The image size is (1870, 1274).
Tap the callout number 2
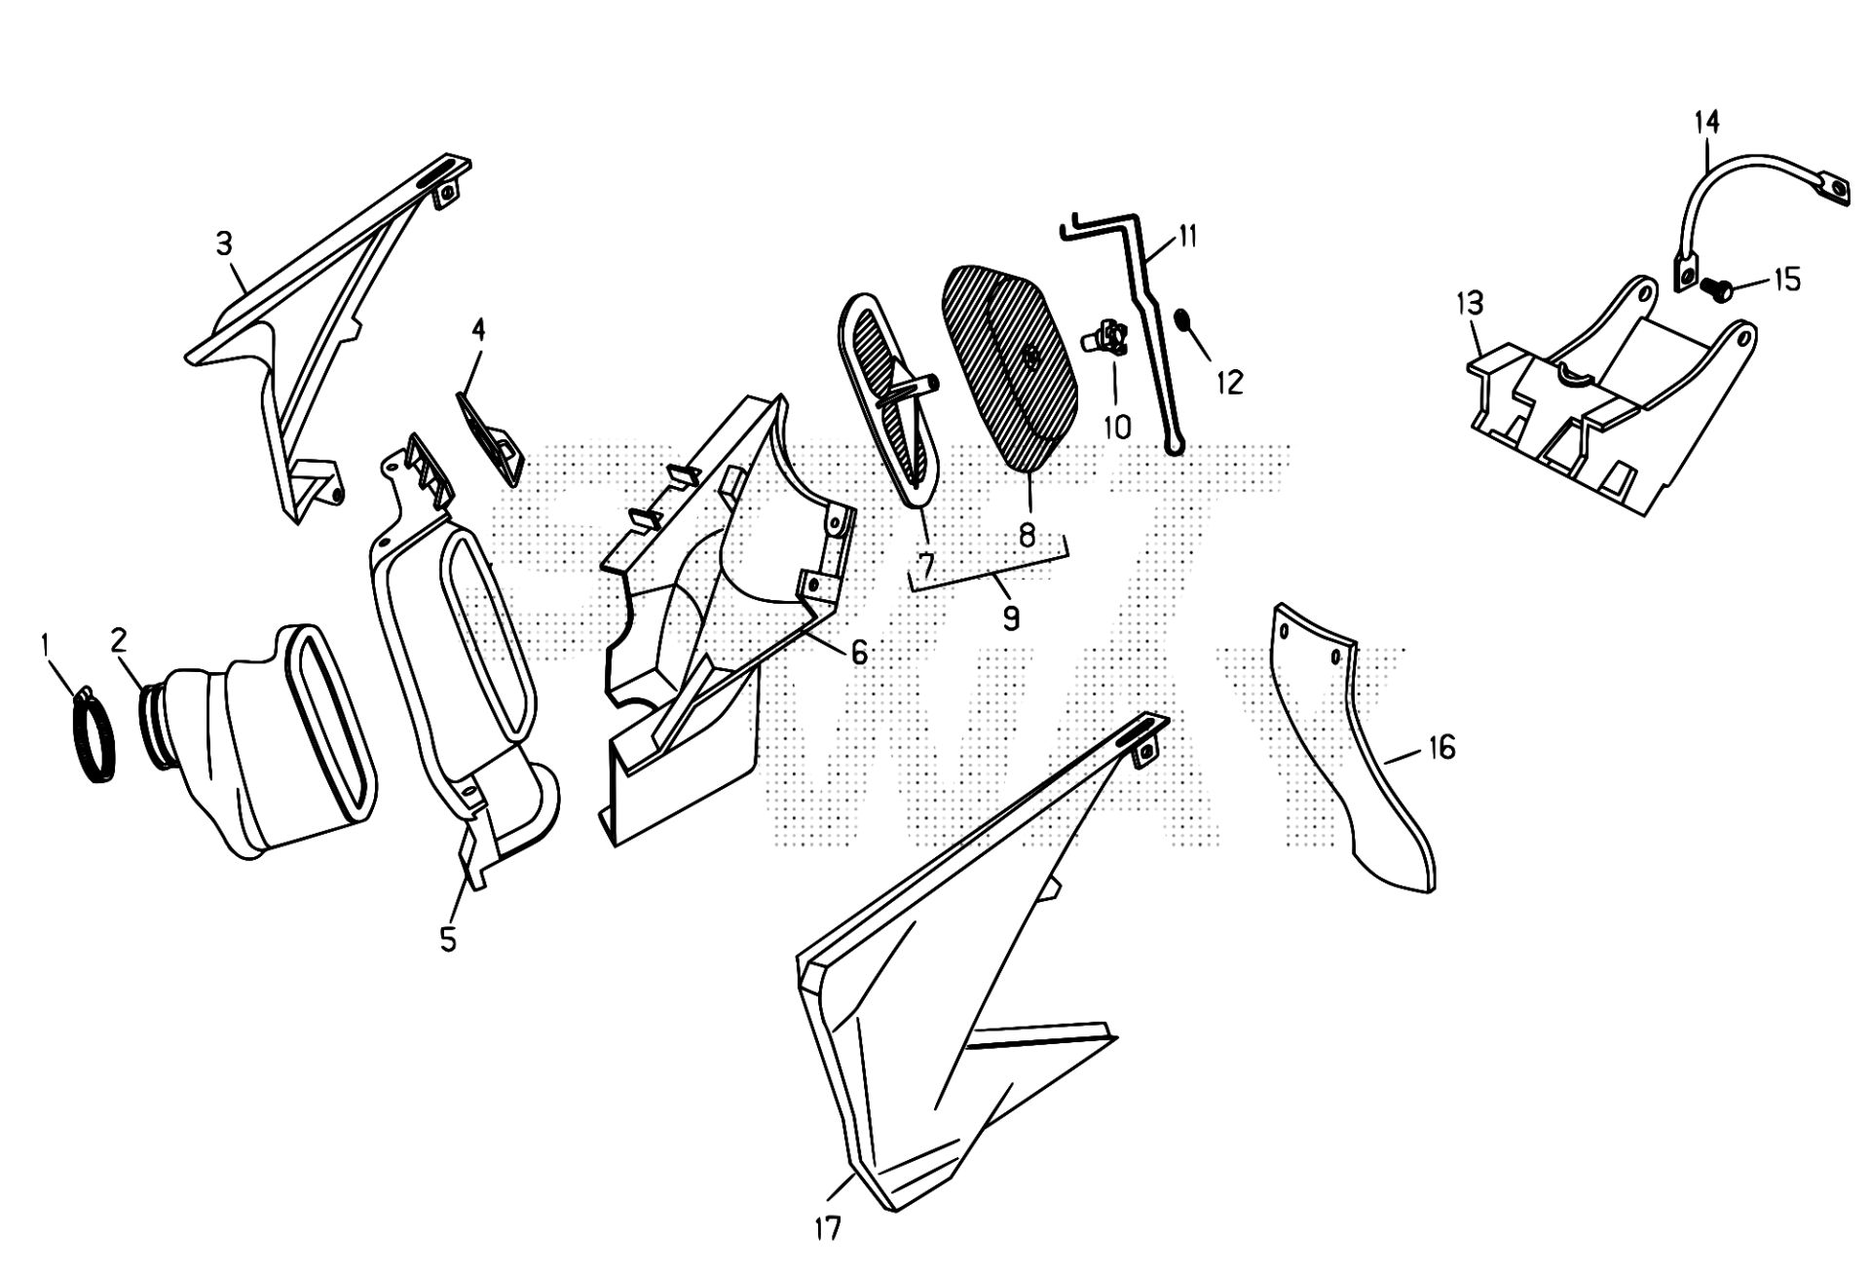click(x=119, y=640)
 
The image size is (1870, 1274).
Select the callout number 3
click(x=224, y=244)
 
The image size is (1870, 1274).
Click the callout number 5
click(x=448, y=940)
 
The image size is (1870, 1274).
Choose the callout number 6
click(x=858, y=653)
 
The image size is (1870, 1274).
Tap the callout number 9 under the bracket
click(x=1011, y=618)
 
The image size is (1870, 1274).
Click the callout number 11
click(x=1187, y=237)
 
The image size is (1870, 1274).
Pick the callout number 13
click(x=1470, y=304)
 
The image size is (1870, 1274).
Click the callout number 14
click(x=1706, y=122)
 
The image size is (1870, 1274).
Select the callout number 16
click(x=1442, y=748)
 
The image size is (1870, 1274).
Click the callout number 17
click(x=827, y=1228)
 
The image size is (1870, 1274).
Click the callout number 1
click(x=44, y=644)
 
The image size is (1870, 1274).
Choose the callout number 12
click(x=1230, y=383)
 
